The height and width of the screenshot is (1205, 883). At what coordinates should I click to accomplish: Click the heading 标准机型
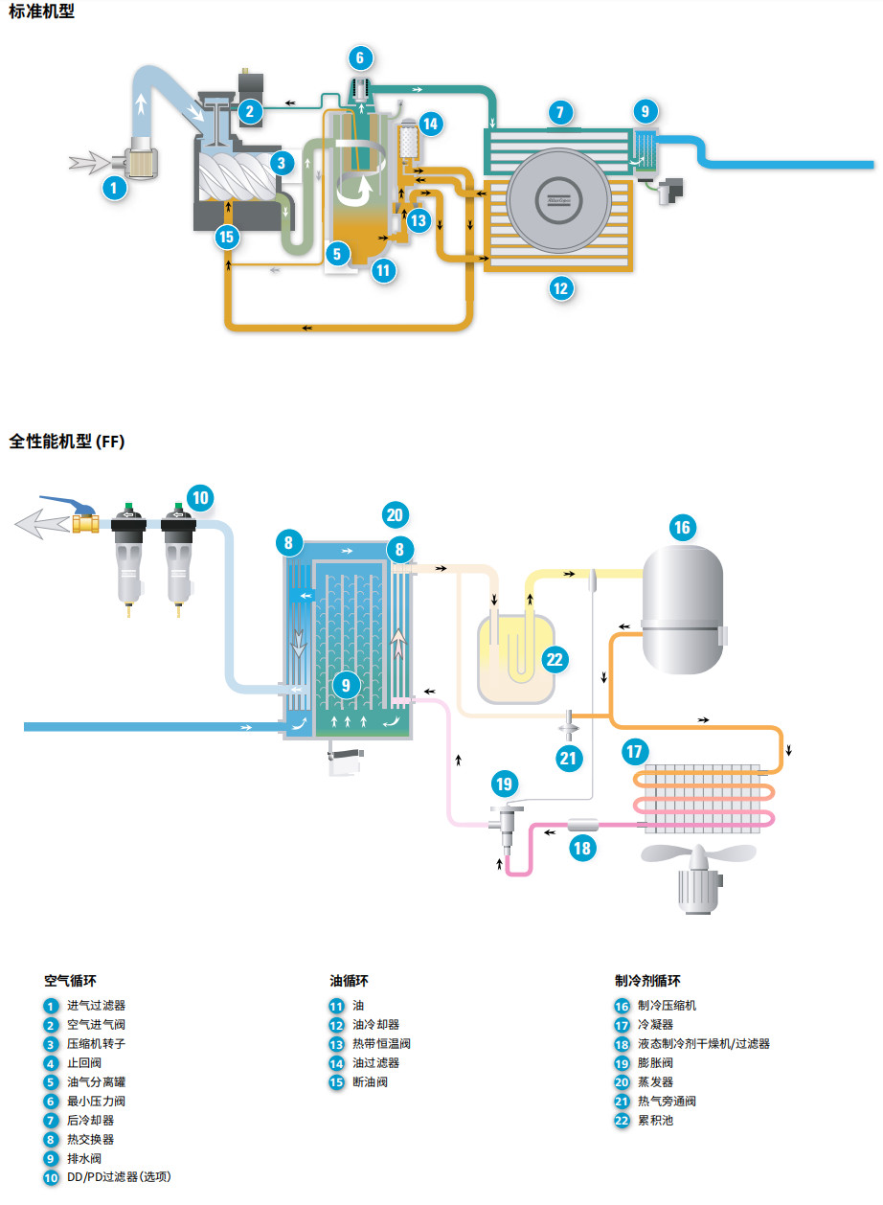[x=41, y=11]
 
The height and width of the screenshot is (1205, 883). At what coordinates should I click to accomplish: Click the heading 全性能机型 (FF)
[x=67, y=442]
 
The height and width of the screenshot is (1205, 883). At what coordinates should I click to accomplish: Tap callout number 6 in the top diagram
[x=360, y=57]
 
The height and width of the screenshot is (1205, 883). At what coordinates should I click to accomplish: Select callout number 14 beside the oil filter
[x=430, y=125]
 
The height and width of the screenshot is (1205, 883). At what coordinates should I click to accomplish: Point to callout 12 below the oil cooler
[x=561, y=288]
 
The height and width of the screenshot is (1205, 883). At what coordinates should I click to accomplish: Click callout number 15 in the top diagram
[x=227, y=237]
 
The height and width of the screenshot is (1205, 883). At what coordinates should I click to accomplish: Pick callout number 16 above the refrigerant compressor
[x=683, y=527]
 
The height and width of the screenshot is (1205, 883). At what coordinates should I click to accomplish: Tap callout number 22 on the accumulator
[x=555, y=660]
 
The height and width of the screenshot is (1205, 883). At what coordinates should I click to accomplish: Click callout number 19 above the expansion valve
[x=505, y=784]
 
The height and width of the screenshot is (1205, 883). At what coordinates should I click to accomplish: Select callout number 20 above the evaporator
[x=396, y=514]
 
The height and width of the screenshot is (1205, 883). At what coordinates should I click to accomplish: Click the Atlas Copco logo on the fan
[x=558, y=200]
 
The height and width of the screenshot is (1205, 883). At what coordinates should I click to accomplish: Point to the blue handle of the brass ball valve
[x=68, y=505]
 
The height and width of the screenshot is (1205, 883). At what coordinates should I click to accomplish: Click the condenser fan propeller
[x=698, y=853]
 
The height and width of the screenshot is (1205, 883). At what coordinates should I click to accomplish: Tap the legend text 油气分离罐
[x=97, y=1081]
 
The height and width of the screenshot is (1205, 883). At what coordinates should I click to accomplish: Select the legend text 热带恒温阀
[x=381, y=1044]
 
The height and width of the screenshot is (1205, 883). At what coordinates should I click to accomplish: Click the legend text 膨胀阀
[x=655, y=1063]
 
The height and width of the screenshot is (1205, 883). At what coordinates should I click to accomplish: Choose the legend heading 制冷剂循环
[x=648, y=981]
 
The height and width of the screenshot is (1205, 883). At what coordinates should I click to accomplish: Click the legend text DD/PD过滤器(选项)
[x=119, y=1176]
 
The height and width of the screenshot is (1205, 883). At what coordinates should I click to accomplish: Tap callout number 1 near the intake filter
[x=114, y=188]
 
